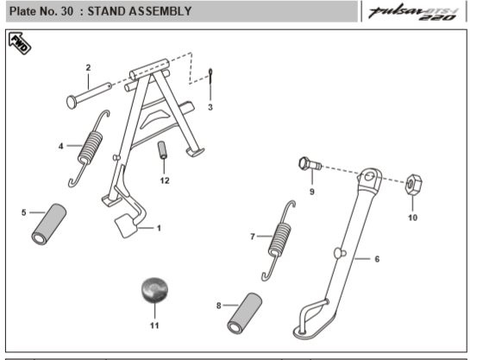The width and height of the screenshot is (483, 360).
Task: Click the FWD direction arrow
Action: (x=20, y=43)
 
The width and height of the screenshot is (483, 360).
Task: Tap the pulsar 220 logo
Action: (x=414, y=13)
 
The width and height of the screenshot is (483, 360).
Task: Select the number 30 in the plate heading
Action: (x=67, y=11)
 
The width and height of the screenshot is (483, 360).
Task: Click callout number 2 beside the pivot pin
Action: (x=88, y=67)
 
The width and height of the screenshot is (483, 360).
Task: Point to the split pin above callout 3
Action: (x=210, y=76)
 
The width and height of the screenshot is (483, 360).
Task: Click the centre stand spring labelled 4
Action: (x=90, y=148)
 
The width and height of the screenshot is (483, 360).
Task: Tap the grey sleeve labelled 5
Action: (x=48, y=224)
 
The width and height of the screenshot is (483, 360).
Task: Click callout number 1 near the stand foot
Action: (x=159, y=228)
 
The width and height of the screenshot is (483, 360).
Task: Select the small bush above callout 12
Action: (x=162, y=150)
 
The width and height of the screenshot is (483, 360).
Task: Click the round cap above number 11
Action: (x=154, y=290)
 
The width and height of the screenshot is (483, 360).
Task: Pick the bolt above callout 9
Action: (x=310, y=164)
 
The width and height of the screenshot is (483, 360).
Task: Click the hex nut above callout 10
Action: (x=413, y=184)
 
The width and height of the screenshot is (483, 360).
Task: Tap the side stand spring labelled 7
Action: (x=279, y=240)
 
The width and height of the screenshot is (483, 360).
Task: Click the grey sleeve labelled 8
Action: (x=245, y=313)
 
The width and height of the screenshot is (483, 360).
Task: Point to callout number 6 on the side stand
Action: (x=377, y=259)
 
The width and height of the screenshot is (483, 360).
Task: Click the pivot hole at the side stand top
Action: (x=369, y=177)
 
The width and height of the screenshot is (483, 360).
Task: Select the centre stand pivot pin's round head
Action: (x=72, y=103)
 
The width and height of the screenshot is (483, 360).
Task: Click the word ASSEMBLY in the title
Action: (x=160, y=11)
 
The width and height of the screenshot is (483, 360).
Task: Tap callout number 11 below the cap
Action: (x=154, y=325)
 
